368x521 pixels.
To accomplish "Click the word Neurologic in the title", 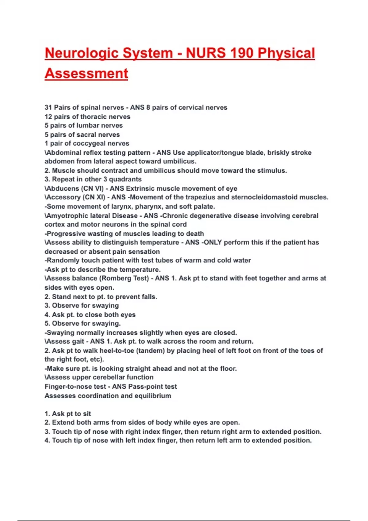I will point(82,53).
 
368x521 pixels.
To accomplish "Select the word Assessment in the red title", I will point(86,74).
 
